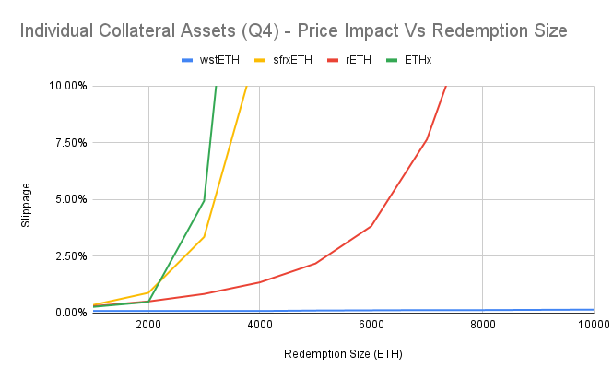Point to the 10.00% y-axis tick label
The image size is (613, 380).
[68, 86]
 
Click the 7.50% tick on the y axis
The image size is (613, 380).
[71, 143]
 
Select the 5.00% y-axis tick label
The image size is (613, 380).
[71, 199]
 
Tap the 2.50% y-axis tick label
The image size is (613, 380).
[71, 255]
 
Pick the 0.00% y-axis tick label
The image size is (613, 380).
[71, 313]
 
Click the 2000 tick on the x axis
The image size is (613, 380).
[148, 325]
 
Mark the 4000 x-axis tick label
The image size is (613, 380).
[260, 325]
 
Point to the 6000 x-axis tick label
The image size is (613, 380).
[371, 325]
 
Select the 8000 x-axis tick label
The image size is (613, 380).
[482, 325]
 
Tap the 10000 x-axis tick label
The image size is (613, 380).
[591, 325]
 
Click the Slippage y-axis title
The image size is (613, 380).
[29, 199]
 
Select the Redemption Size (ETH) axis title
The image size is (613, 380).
[342, 353]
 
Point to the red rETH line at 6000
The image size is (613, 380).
[371, 226]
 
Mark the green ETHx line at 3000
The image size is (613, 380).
[204, 201]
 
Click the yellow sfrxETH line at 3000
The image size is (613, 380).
[204, 237]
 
